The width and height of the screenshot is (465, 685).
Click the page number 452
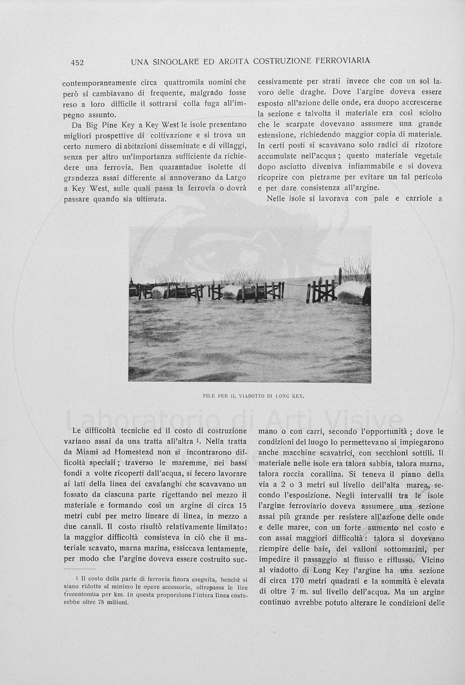tap(77, 62)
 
